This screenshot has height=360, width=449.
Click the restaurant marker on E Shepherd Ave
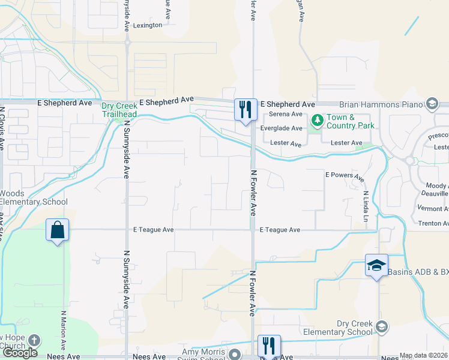(245, 109)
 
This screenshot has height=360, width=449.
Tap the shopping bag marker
(57, 230)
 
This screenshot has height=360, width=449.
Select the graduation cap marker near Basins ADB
(376, 265)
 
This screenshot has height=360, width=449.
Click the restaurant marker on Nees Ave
(269, 346)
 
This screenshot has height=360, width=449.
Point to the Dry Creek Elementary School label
(338, 327)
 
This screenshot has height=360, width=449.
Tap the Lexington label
(147, 25)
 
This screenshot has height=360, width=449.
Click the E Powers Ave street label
(345, 176)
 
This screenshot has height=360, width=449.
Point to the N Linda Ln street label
(365, 205)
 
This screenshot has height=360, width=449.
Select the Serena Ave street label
(286, 114)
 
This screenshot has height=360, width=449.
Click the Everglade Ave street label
(281, 128)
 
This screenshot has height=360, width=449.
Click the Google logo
(20, 353)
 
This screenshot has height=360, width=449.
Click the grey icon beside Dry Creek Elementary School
(381, 327)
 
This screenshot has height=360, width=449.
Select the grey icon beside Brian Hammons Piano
(431, 104)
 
